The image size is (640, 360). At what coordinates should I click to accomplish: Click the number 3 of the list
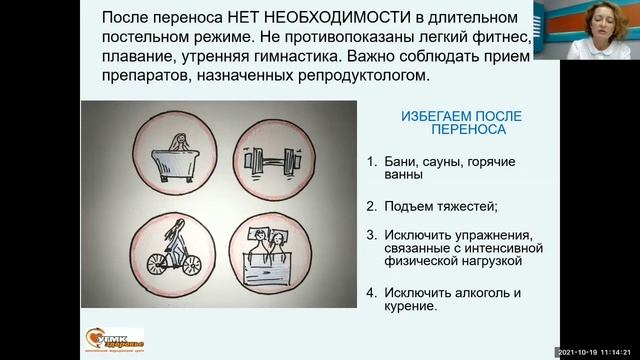[370, 235]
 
